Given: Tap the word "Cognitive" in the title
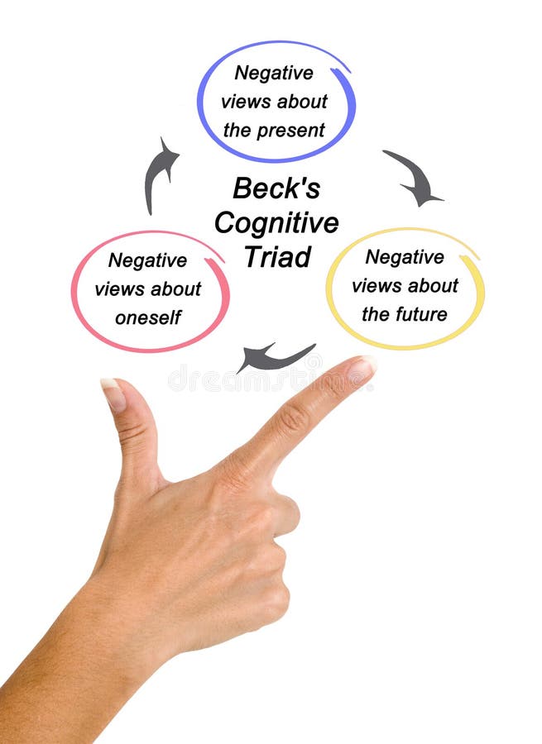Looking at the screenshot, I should click(x=276, y=222).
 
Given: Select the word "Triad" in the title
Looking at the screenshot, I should click(x=276, y=256).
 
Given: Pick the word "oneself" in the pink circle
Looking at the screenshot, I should click(x=148, y=317).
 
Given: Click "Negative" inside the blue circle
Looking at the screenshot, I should click(x=274, y=73).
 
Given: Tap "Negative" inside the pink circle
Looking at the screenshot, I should click(x=147, y=260).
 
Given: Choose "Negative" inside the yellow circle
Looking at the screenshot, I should click(x=405, y=257).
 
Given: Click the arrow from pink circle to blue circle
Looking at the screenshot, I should click(x=160, y=174).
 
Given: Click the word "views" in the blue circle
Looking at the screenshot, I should click(x=243, y=102).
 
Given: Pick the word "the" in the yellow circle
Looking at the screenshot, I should click(x=375, y=315).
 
